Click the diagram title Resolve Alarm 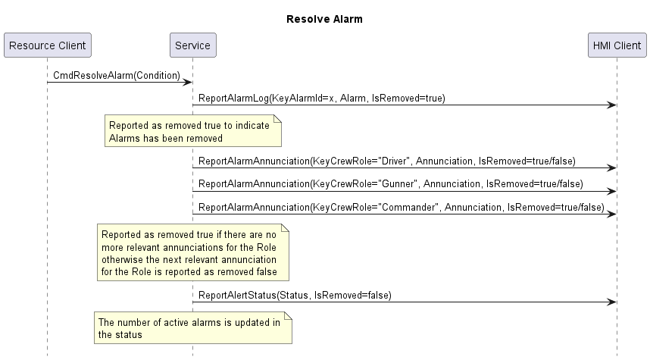[324, 19]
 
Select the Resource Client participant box [48, 45]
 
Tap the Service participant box [192, 45]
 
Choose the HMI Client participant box [617, 45]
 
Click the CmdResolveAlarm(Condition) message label [117, 76]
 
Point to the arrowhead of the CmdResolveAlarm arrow [188, 82]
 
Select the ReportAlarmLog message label [322, 99]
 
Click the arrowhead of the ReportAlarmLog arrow [612, 105]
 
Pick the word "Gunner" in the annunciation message [398, 183]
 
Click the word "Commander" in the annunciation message [410, 207]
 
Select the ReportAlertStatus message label [295, 296]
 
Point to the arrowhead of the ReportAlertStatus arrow [612, 302]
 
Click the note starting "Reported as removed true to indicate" [193, 131]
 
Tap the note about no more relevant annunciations [193, 252]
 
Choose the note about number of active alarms [193, 328]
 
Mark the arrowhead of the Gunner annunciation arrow [612, 191]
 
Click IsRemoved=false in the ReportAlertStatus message [351, 296]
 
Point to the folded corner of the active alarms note [289, 315]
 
